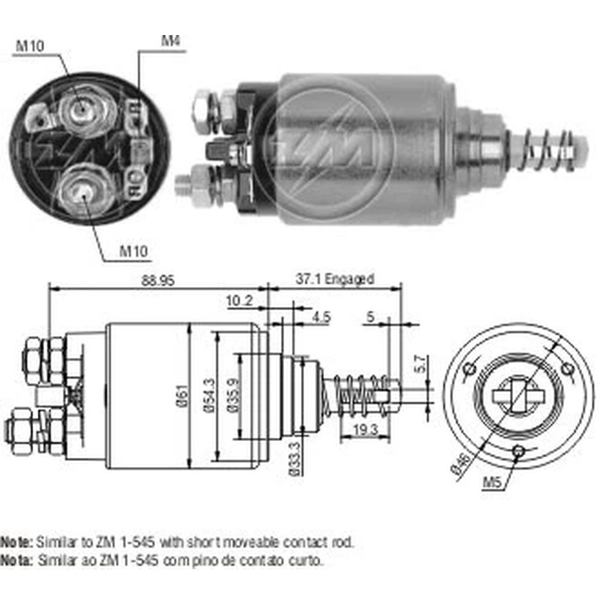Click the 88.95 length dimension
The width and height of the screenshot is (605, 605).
pos(158,281)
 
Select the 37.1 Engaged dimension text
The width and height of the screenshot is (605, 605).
pos(335,278)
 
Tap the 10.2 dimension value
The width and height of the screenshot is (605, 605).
pos(240,300)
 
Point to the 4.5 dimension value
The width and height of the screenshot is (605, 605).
pos(321,317)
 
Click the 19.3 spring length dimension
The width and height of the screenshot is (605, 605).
pos(365,430)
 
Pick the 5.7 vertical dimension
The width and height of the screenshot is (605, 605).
pos(420,364)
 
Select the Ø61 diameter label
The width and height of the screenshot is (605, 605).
pos(184,396)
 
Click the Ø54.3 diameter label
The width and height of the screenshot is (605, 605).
pos(211,396)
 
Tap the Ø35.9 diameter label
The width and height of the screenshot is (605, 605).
pos(234,396)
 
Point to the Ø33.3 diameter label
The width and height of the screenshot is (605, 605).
pos(295,459)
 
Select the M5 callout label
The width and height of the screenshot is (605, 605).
pos(491,482)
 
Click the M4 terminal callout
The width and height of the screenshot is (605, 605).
pos(171,41)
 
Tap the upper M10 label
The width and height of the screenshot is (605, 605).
pos(30,46)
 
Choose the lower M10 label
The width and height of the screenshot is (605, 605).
pos(134,251)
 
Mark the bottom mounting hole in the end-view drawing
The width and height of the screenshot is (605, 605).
pos(519,450)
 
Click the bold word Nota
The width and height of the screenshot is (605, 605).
pos(16,560)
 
